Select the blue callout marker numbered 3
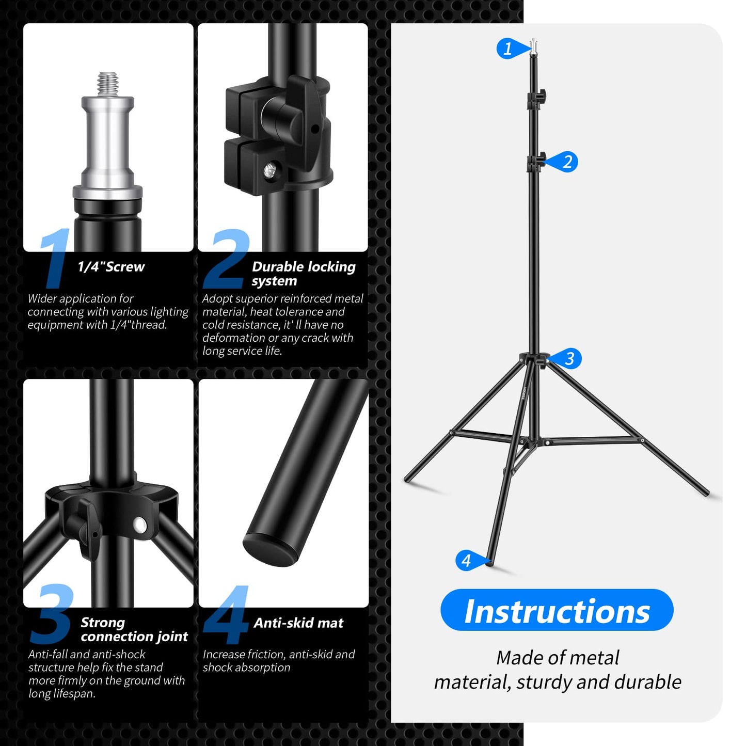569,358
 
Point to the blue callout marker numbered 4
467,560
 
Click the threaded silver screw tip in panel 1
108,83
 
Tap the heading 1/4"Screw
111,267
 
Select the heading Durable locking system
303,274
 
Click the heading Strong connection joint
134,629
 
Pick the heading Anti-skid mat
298,623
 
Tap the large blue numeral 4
227,615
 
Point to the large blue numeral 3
52,615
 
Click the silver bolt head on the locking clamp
269,170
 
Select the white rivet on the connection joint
140,525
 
